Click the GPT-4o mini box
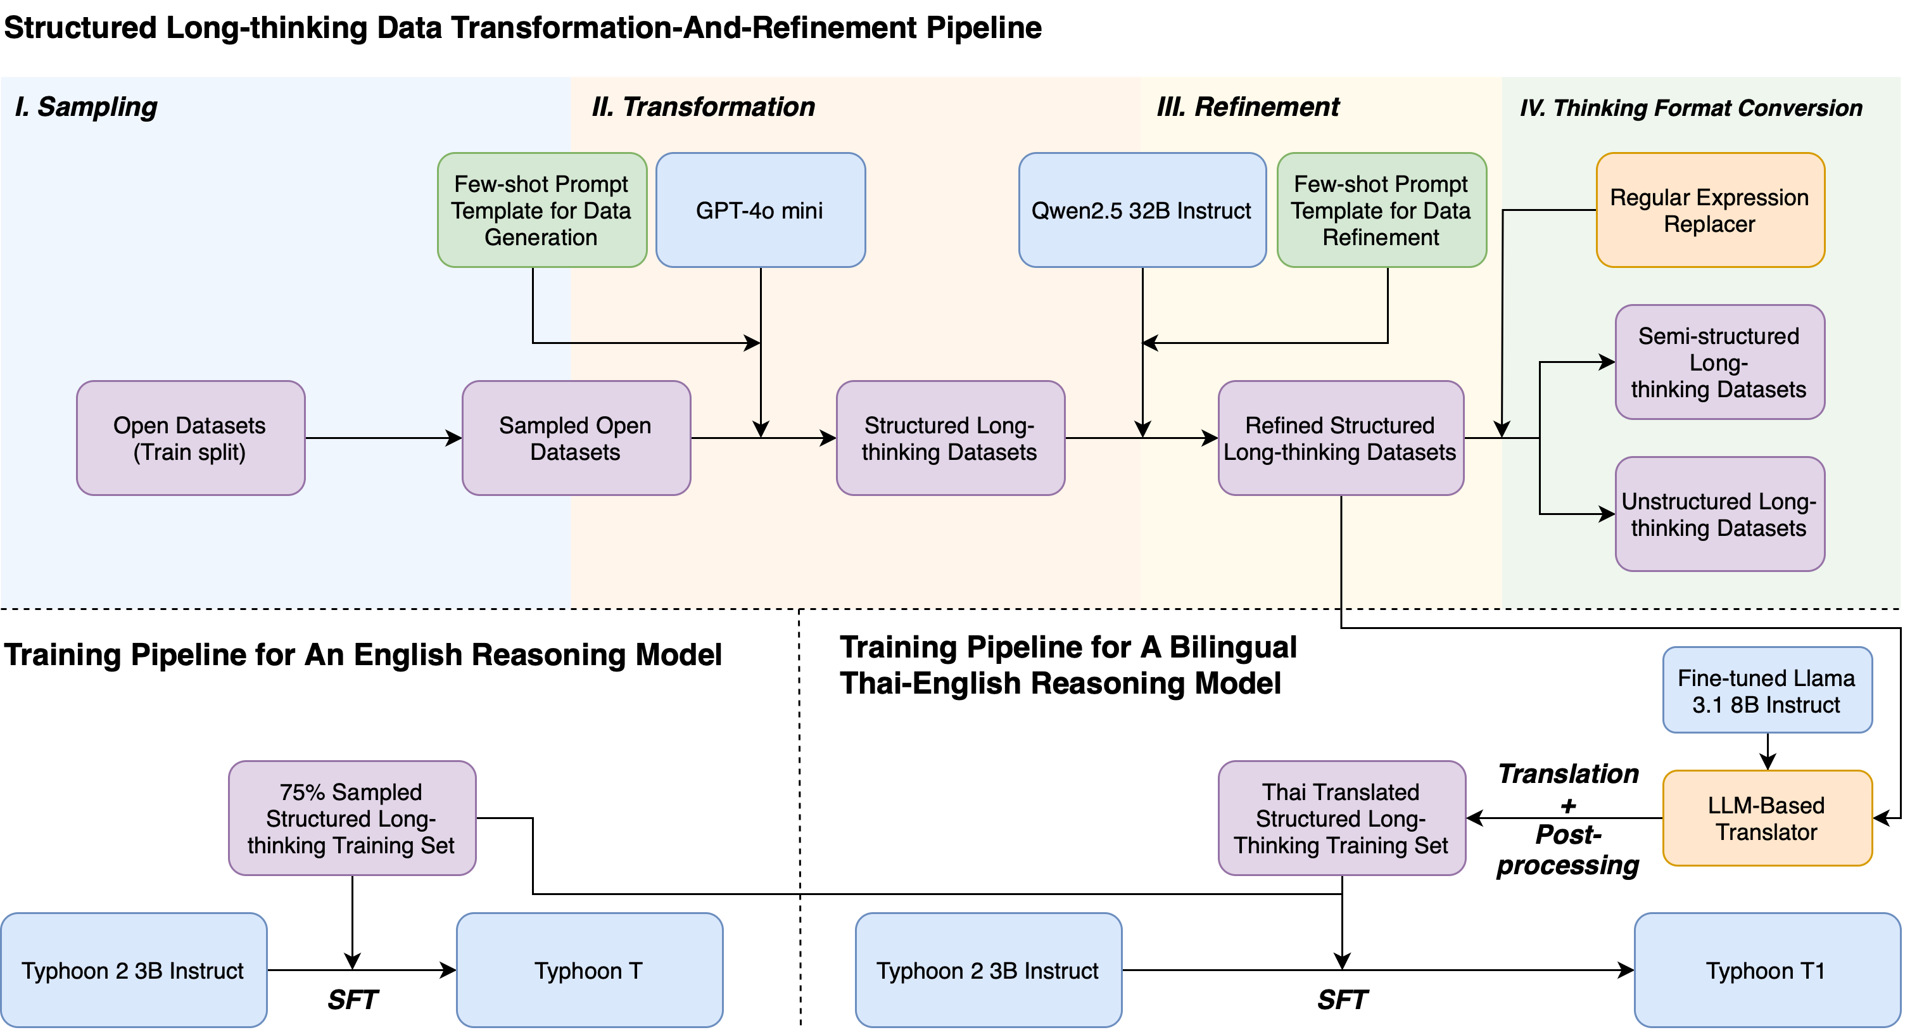pyautogui.click(x=760, y=210)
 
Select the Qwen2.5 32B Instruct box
pyautogui.click(x=1142, y=210)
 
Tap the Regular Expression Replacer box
pyautogui.click(x=1709, y=210)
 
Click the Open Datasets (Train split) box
pyautogui.click(x=191, y=438)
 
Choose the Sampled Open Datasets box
pyautogui.click(x=575, y=438)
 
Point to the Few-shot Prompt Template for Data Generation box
pyautogui.click(x=541, y=210)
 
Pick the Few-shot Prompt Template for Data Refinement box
pyautogui.click(x=1381, y=210)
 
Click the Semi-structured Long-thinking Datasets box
pyautogui.click(x=1719, y=362)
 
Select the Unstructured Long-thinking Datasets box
pyautogui.click(x=1719, y=514)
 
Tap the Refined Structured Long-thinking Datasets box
pyautogui.click(x=1340, y=438)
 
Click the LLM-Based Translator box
pyautogui.click(x=1767, y=817)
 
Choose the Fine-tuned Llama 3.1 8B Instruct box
pyautogui.click(x=1767, y=690)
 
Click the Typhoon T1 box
pyautogui.click(x=1767, y=970)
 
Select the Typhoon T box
pyautogui.click(x=588, y=970)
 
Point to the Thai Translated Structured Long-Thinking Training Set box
pyautogui.click(x=1341, y=817)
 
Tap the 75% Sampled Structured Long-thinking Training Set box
pyautogui.click(x=351, y=817)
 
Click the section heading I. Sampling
pyautogui.click(x=86, y=106)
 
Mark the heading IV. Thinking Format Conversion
pyautogui.click(x=1691, y=108)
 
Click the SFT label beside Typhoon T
pyautogui.click(x=352, y=1000)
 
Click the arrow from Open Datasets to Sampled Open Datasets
pyautogui.click(x=383, y=438)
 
